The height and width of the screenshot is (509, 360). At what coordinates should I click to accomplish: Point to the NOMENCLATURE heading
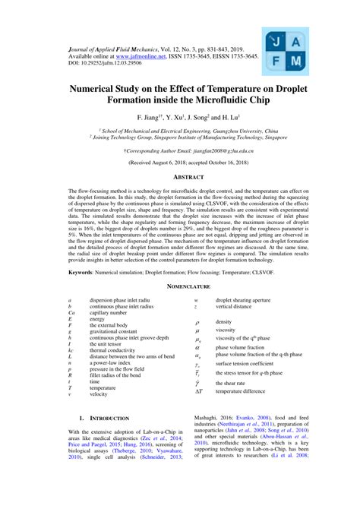182,287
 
